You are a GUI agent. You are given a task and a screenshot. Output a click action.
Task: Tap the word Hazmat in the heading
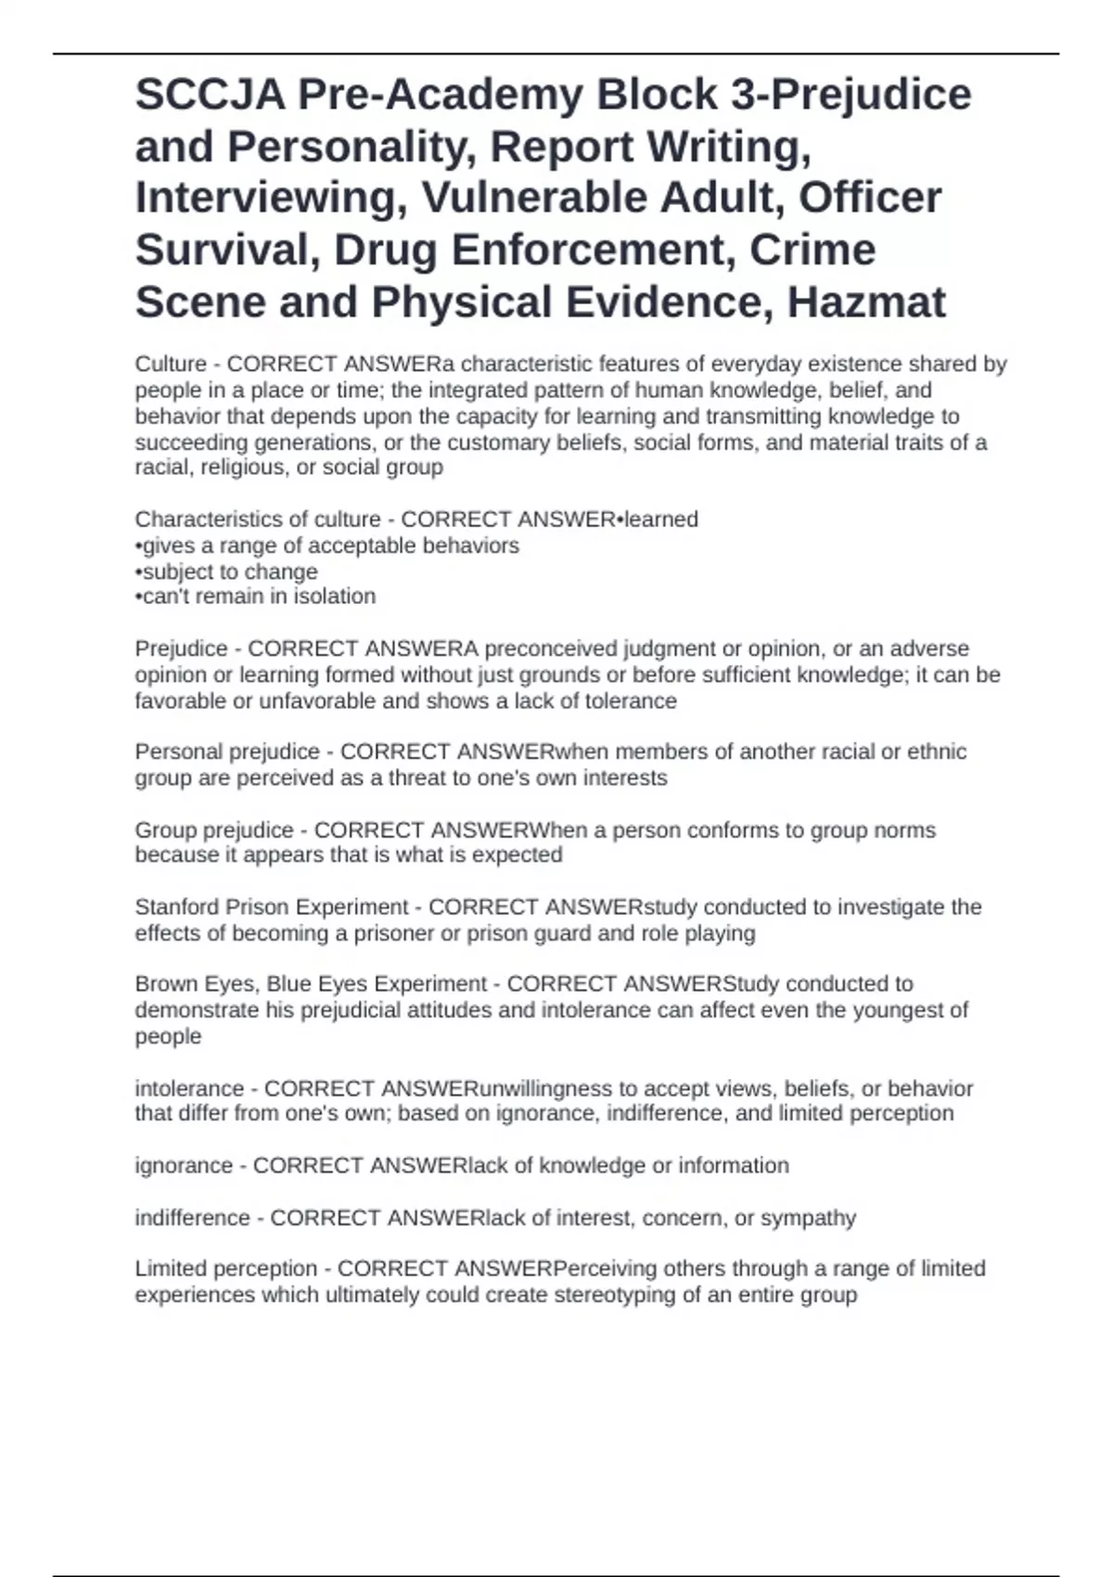866,302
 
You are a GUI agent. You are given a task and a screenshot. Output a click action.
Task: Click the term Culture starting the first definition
171,364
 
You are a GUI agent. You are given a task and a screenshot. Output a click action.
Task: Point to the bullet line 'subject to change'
226,571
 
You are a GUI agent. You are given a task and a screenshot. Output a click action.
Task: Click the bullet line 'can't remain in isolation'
255,596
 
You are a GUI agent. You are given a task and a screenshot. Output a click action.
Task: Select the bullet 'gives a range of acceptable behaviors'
326,545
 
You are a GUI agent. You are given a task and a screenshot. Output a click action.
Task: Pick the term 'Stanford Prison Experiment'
271,906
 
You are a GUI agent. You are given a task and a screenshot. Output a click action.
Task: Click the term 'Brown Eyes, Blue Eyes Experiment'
311,983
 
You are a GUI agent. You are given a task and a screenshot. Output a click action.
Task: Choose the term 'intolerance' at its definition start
189,1088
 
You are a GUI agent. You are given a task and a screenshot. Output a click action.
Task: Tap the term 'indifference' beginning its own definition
192,1217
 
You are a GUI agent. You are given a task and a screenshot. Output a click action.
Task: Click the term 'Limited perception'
226,1268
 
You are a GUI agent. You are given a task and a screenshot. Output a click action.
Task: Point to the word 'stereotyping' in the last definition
614,1295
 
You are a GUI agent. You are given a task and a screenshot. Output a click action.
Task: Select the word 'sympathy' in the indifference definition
808,1217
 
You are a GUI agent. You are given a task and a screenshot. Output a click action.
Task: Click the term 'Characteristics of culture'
258,519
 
